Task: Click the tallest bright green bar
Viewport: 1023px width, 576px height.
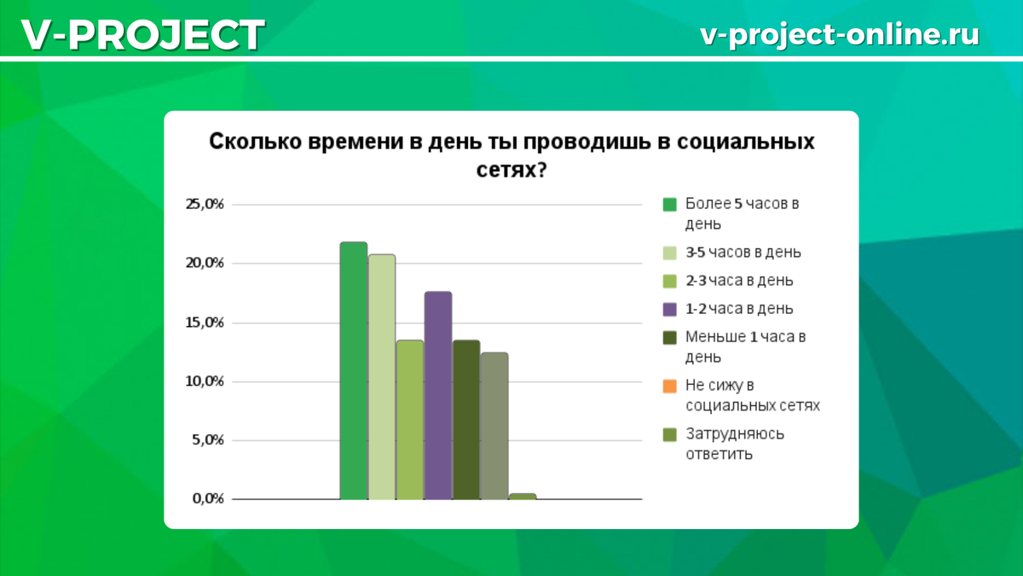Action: [353, 370]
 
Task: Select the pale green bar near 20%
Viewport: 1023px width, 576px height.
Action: [381, 376]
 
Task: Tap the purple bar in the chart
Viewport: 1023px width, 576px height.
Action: [437, 395]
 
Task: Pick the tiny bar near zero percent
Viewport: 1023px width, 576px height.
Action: [522, 496]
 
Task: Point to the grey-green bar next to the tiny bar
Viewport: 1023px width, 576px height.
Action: [494, 425]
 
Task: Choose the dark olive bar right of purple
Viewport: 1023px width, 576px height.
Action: [465, 419]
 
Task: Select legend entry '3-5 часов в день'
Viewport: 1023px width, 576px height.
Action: [743, 253]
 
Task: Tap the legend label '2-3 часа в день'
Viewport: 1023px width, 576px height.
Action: [739, 280]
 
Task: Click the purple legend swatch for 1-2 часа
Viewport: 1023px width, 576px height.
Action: [670, 308]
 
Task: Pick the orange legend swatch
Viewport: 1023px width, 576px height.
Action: [670, 386]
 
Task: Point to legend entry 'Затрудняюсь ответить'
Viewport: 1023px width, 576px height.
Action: [734, 444]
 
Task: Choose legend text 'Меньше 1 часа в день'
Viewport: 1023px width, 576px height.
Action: [745, 346]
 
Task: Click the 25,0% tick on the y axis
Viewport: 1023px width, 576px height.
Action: [205, 204]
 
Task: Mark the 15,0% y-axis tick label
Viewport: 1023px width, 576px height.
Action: [205, 323]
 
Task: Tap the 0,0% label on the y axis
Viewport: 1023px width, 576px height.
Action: [206, 499]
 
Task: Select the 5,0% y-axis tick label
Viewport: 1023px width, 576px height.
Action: [206, 440]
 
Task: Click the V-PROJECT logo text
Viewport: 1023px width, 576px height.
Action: [142, 35]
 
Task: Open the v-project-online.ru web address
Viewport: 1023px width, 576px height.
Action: [839, 34]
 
